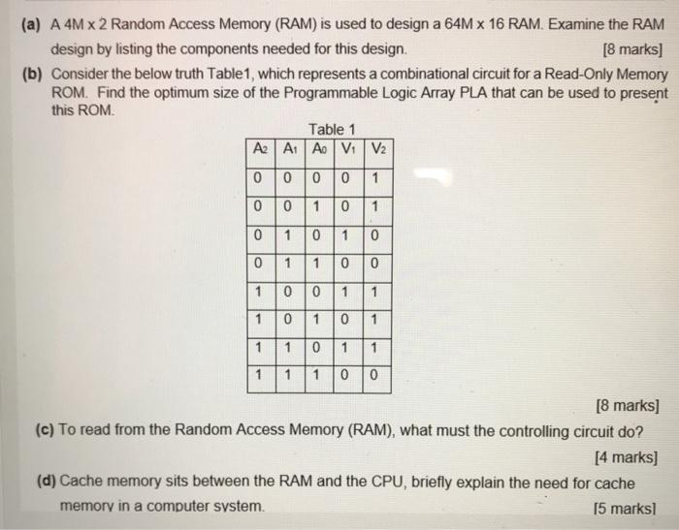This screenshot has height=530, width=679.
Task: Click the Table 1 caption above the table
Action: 331,129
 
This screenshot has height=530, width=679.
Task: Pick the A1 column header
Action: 286,149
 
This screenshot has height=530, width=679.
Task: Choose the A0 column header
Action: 316,149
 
